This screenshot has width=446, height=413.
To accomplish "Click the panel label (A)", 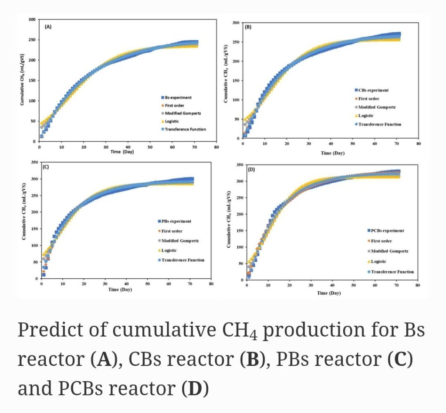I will [48, 27].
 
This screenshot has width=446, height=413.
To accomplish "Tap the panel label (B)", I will [248, 27].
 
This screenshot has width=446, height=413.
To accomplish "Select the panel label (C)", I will [45, 167].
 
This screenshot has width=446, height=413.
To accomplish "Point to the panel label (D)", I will [251, 169].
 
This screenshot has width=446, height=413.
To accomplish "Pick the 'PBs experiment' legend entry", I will [176, 221].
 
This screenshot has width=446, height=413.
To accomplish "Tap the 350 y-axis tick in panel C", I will [33, 162].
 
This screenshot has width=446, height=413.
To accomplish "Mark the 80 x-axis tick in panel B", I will [418, 143].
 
